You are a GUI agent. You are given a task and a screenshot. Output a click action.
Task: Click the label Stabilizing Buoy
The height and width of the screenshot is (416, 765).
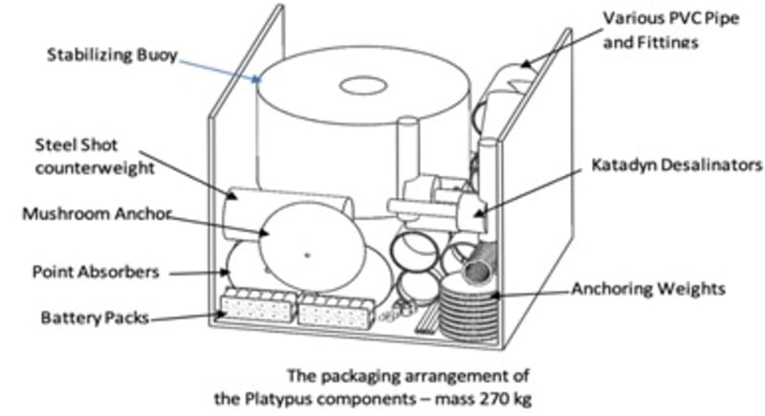coord(112,55)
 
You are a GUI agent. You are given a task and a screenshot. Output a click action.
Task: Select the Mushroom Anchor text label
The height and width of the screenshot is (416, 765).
coord(96,214)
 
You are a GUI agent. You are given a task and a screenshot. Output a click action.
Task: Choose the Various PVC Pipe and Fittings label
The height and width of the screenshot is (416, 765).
coord(660,30)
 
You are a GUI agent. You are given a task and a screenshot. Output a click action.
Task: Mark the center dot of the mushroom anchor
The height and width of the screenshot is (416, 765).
coord(306,253)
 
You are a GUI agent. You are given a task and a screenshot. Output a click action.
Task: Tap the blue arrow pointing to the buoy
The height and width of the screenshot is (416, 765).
coord(221,68)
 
